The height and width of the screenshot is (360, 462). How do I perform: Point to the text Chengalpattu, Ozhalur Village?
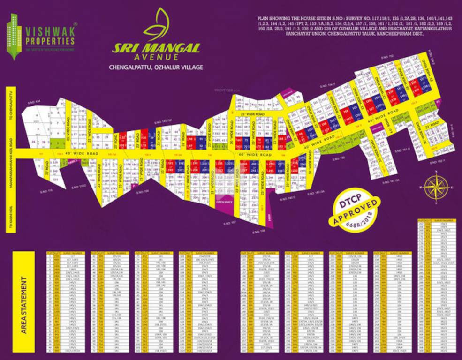tap(156, 67)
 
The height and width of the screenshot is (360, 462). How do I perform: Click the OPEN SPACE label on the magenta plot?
tap(224, 202)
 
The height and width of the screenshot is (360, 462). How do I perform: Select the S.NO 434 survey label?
tap(35, 101)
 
